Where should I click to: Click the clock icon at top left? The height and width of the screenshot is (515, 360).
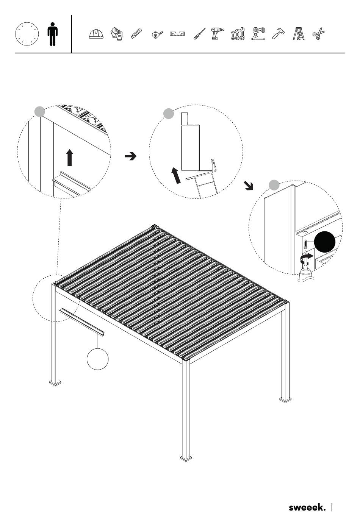coord(27,34)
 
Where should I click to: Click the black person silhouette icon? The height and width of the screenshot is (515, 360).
coord(53,34)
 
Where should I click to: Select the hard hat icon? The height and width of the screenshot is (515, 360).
coord(96,34)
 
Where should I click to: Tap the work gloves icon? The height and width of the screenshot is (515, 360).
coord(117,34)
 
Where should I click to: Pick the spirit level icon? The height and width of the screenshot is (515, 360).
coord(177,34)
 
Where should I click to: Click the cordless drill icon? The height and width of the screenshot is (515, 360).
coord(218,34)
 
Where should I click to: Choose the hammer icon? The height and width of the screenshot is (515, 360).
coord(279,34)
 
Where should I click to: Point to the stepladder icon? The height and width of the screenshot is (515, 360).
coord(299,34)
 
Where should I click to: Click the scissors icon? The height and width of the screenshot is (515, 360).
coord(319,34)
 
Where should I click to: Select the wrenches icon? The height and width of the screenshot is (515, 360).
coord(238,34)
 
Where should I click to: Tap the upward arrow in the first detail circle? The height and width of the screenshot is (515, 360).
coord(70,158)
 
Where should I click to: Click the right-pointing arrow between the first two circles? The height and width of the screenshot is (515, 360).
coord(130,156)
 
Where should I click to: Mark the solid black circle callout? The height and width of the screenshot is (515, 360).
coord(325,242)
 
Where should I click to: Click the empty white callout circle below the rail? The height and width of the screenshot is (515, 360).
coord(97,359)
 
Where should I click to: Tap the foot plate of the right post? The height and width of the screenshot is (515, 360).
coord(285,400)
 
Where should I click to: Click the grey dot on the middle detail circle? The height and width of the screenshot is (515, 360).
coord(168,114)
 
